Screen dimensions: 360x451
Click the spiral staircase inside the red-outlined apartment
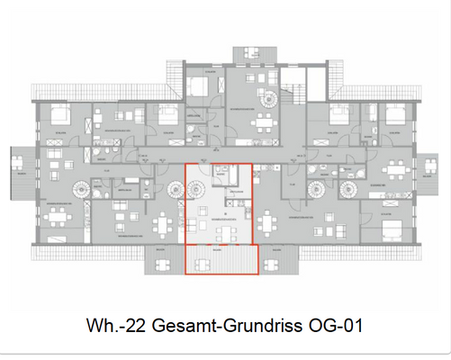pos(197,190)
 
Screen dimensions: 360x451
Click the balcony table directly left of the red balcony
pos(163,263)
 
